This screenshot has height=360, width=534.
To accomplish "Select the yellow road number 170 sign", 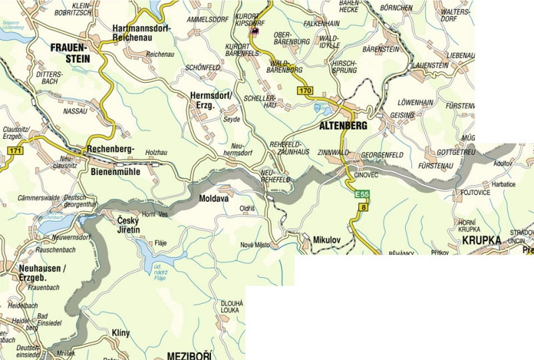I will click(306, 90).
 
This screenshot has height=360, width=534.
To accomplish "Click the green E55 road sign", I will click(362, 194).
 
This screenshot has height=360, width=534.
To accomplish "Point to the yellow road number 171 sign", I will click(16, 152).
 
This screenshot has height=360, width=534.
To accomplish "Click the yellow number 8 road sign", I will click(364, 208).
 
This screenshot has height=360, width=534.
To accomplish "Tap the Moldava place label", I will click(214, 198).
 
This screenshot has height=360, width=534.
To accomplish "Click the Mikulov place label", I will click(327, 238).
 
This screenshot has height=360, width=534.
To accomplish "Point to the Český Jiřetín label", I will click(129, 225).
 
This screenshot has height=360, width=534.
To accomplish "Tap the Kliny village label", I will click(121, 333).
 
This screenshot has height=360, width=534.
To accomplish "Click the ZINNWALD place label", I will click(333, 152).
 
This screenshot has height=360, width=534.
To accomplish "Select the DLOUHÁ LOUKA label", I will click(232, 308).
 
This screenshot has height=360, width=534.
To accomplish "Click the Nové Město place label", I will click(255, 245).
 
